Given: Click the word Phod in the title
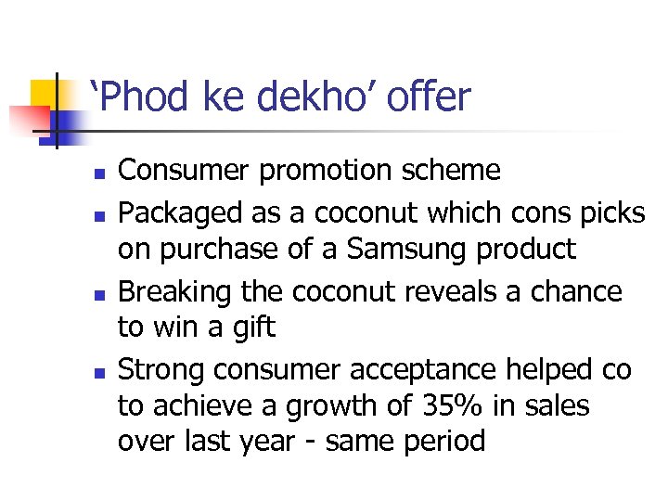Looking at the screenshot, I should tap(144, 96).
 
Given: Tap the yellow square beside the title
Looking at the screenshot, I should tap(46, 96).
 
